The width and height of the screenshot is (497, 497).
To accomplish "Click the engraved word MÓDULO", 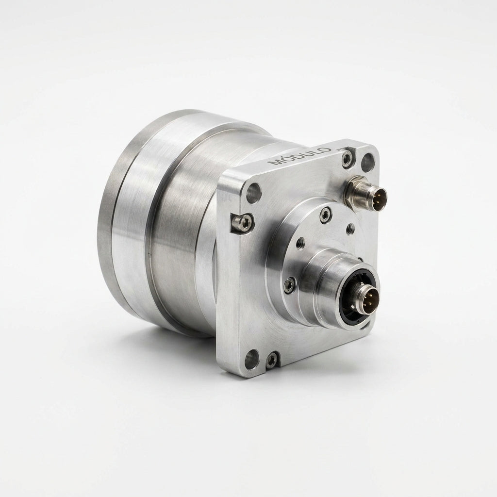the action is point(299,156).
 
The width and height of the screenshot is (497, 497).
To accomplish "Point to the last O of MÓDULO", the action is point(327,149).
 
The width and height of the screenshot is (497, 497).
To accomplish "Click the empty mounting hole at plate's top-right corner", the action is point(368,162).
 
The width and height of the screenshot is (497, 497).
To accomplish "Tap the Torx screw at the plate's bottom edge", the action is point(272,360).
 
